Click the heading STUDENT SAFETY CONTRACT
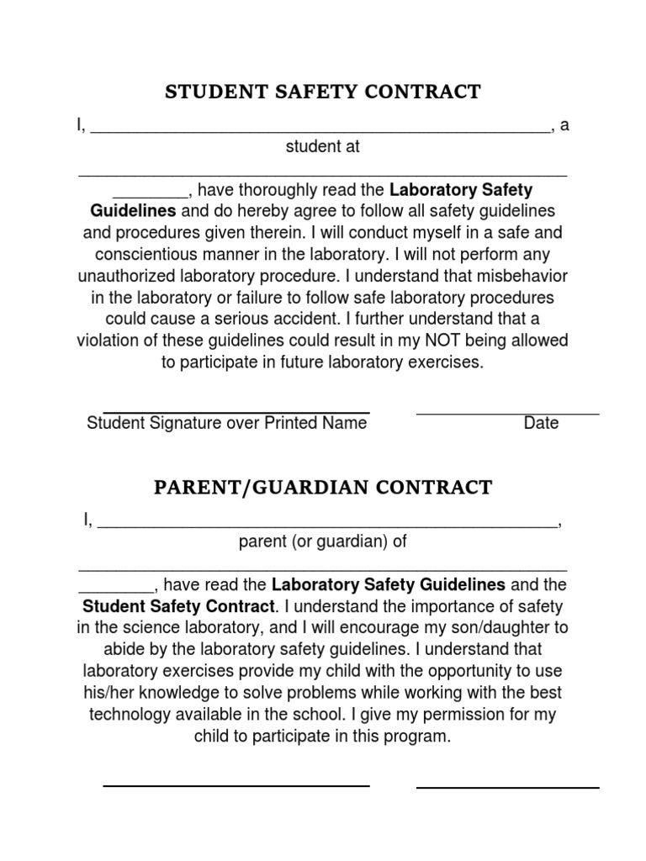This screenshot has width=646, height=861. [x=323, y=92]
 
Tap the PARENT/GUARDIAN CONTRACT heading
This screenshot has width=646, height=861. [x=323, y=488]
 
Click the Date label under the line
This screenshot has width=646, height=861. [x=541, y=423]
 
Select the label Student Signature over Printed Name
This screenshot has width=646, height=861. [x=226, y=423]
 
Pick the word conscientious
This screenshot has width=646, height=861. [x=156, y=254]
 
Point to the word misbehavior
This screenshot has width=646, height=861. [x=522, y=276]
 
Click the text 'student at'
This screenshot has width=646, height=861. [x=323, y=147]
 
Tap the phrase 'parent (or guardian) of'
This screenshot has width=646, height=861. [x=323, y=542]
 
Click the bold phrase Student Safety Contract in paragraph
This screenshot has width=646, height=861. [x=178, y=606]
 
